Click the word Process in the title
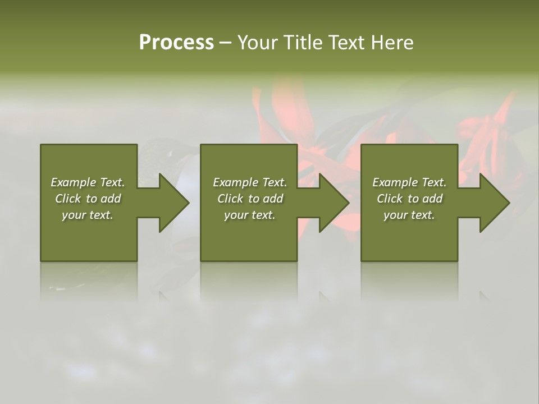coord(176,43)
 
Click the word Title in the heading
coord(303,43)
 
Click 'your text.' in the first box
coord(88,215)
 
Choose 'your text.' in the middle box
coord(250,215)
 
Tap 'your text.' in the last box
coord(409,215)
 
